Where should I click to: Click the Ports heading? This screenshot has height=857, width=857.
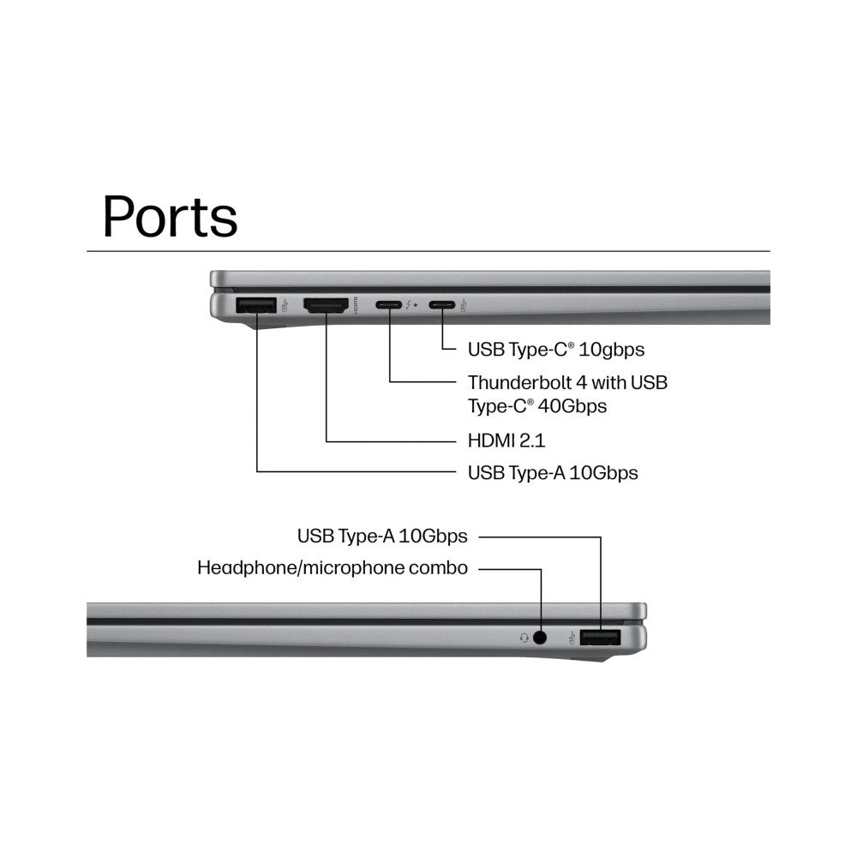point(170,217)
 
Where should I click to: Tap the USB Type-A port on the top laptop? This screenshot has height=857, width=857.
point(255,305)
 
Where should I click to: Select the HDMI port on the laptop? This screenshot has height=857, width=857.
point(326,305)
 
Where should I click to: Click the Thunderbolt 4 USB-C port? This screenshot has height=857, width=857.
point(388,304)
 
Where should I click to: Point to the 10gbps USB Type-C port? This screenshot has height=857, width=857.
point(441,304)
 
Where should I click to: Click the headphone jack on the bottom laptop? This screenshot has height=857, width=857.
point(540,638)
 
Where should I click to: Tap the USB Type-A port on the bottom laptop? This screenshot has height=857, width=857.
point(600,638)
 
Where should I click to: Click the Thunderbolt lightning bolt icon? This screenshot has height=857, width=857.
point(409,304)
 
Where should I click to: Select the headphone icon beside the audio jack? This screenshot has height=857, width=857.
point(524,638)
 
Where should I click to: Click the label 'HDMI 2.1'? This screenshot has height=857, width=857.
point(506,440)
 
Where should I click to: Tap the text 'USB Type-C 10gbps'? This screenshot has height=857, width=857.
point(556,350)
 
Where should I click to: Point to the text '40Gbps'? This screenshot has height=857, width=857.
point(572,406)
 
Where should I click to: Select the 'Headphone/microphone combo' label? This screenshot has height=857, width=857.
point(333,568)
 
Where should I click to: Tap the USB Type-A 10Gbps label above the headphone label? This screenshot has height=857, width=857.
point(382,536)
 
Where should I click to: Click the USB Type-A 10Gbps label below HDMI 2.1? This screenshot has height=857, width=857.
point(553,473)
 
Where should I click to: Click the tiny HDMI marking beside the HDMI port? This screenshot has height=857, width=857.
point(356,305)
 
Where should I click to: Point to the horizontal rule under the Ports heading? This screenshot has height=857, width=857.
point(428,251)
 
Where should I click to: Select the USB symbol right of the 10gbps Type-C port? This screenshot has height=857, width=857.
point(464,305)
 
